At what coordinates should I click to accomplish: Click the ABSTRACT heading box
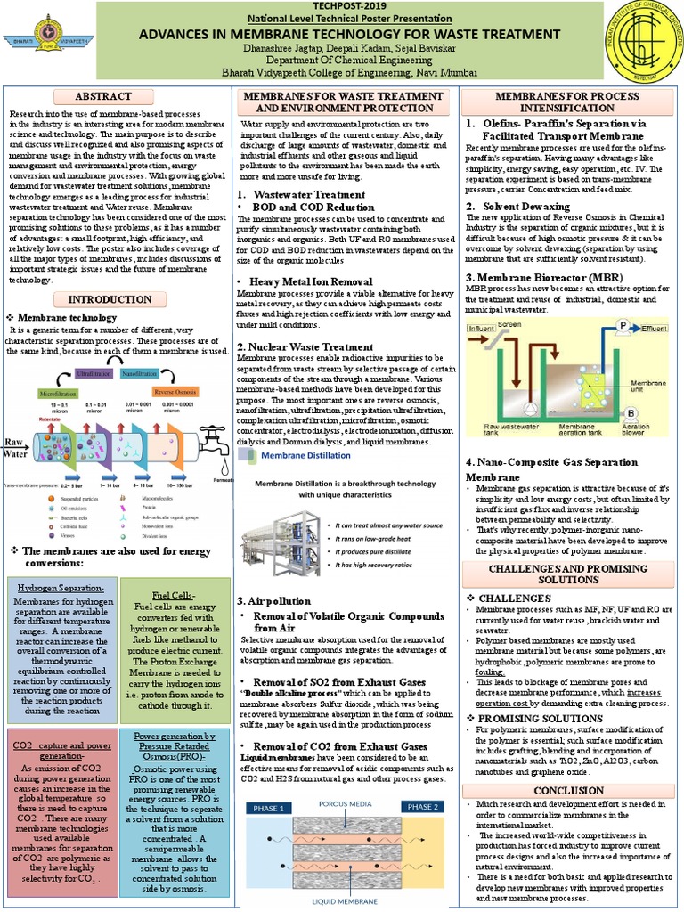coord(116,96)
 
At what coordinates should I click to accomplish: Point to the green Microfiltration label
coord(56,393)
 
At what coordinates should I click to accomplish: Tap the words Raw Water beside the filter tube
coord(17,447)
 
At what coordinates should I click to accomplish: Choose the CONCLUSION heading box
coord(568,791)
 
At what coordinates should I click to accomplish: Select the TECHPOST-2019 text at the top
coord(342,5)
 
